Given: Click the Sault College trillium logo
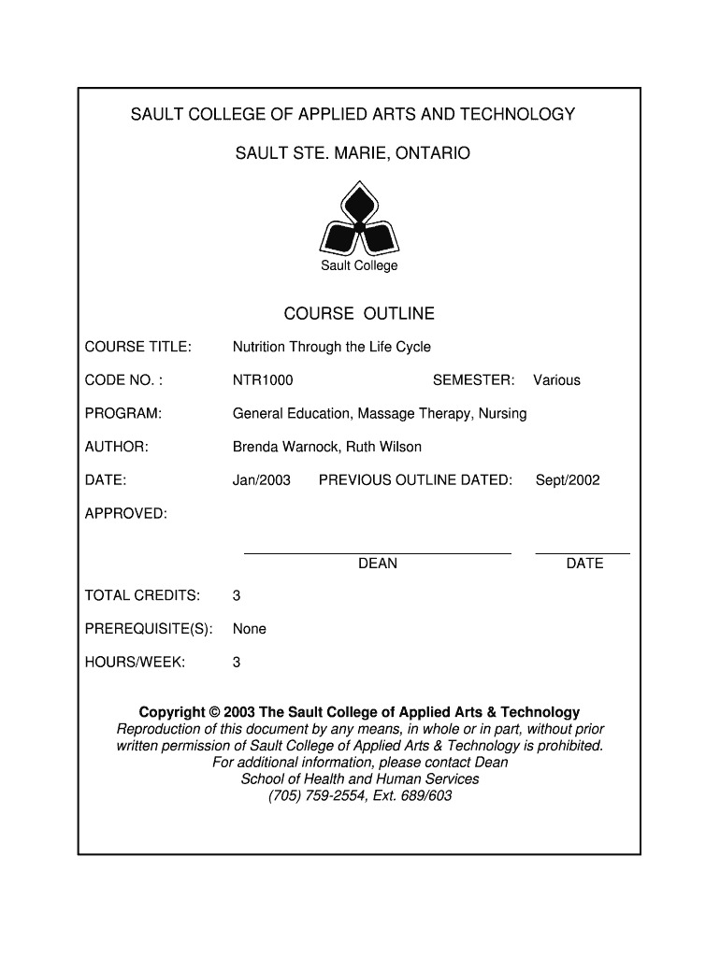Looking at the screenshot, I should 359,220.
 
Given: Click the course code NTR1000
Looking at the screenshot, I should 263,380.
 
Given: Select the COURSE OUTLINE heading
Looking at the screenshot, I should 359,314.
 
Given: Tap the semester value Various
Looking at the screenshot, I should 556,380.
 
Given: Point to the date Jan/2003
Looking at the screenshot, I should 262,480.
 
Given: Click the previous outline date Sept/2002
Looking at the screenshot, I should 568,480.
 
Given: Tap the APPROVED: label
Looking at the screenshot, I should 126,514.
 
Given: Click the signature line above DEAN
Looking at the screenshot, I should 378,553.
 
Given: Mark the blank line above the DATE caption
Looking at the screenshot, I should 583,553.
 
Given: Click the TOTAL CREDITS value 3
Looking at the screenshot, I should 237,595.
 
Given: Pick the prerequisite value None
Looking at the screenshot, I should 250,629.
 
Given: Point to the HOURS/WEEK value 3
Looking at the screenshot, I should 237,663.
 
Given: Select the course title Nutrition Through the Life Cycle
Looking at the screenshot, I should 332,347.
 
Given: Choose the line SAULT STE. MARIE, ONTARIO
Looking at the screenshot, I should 353,151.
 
